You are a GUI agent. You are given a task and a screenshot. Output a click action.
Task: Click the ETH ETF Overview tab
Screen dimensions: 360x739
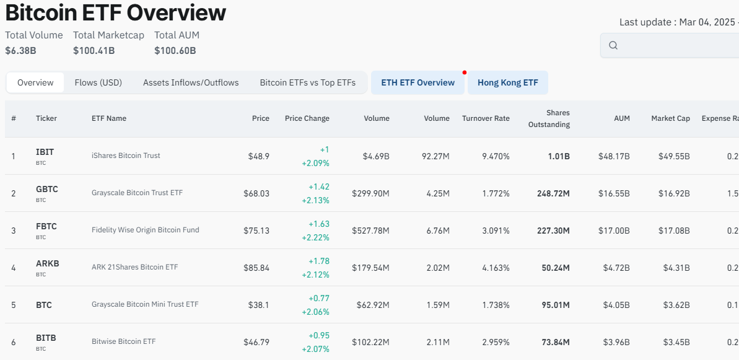[x=418, y=82]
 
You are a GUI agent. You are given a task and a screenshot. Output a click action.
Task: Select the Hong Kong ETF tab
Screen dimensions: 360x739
[x=507, y=82]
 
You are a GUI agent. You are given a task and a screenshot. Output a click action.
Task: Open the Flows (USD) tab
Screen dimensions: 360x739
[x=98, y=82]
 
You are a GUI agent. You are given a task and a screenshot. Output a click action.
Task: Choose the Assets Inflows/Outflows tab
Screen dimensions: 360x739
[x=191, y=82]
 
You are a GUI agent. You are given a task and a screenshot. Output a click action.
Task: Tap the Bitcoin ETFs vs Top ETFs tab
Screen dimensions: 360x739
[x=307, y=82]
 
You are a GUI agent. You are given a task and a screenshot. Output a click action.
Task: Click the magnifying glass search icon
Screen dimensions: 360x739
[x=613, y=45]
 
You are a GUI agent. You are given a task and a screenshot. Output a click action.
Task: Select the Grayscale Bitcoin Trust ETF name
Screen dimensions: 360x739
[x=137, y=193]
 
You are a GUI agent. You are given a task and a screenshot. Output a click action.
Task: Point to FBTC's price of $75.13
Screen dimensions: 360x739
[x=256, y=230]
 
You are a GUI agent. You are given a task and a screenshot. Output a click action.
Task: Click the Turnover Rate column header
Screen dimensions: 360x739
[x=486, y=118]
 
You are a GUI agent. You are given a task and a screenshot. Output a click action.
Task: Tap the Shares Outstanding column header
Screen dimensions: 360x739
[x=549, y=118]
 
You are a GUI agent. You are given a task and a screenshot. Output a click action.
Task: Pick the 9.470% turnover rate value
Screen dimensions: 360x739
[x=496, y=156]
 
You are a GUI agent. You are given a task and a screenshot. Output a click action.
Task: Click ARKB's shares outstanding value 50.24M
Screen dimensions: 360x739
[x=555, y=268]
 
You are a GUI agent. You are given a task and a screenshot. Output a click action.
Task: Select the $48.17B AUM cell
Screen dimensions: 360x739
[x=614, y=156]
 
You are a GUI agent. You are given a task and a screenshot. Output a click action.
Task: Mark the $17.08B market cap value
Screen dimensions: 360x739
[x=674, y=230]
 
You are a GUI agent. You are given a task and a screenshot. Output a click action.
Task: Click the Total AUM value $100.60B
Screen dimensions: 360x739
[x=175, y=50]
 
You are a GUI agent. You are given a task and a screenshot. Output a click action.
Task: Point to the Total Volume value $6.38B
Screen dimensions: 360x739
[x=20, y=50]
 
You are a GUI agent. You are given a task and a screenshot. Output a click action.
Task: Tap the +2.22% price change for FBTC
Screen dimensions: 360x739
[x=315, y=237]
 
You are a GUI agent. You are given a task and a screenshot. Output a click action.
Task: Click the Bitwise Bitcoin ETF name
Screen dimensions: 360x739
[x=123, y=341]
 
